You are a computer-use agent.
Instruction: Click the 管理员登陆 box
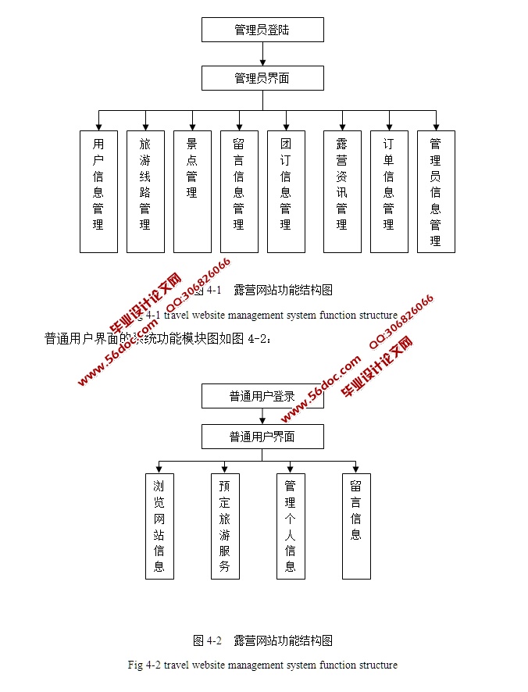coord(262,30)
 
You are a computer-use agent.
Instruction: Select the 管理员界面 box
coord(262,78)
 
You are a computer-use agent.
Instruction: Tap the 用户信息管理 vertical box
coord(98,191)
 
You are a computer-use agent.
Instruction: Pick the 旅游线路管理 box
coord(145,191)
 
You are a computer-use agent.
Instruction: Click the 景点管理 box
coord(192,191)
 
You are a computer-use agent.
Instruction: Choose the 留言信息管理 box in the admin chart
coord(239,191)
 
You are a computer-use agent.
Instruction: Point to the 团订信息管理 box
coord(286,191)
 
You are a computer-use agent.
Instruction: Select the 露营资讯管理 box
coord(342,191)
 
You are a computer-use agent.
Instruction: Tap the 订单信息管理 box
coord(389,191)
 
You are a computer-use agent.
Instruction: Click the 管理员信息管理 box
coord(436,191)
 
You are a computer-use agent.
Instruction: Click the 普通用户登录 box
coord(262,396)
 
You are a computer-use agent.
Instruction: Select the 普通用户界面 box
coord(262,437)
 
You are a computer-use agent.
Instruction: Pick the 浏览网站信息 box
coord(159,526)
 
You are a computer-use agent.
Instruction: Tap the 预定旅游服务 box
coord(225,526)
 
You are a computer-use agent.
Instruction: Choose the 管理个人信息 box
coord(291,526)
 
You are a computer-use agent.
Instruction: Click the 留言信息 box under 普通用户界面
coord(356,526)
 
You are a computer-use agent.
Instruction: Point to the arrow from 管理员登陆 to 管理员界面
coord(262,54)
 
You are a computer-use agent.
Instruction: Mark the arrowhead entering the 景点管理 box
coord(192,125)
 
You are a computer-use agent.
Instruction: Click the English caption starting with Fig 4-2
coord(262,665)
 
